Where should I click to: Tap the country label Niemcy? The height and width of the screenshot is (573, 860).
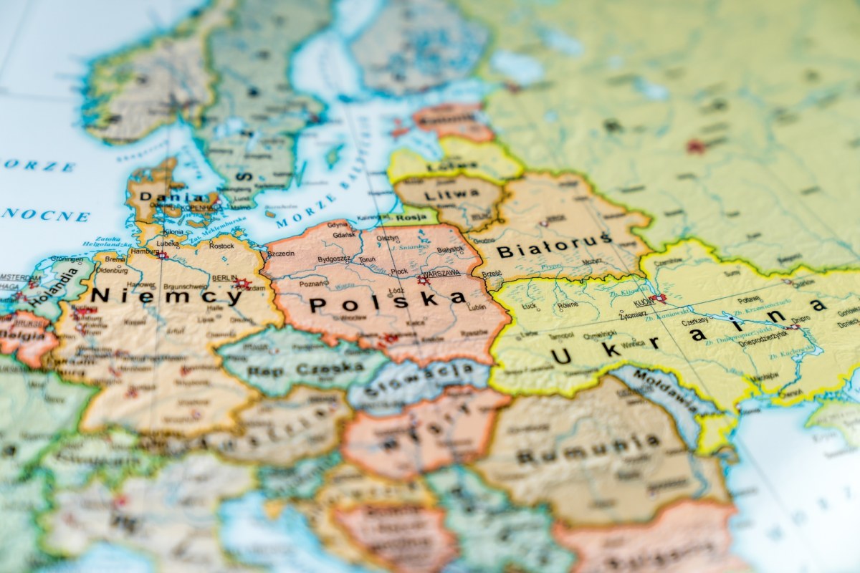166,295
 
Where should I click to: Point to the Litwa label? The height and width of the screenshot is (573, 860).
441,195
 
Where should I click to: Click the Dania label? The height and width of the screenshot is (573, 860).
161,196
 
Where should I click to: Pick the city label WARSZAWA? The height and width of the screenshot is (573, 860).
441,274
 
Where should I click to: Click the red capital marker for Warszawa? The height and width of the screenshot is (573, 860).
424,280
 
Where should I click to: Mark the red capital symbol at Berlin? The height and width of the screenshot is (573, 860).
241,284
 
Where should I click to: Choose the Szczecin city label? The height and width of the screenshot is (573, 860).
280,253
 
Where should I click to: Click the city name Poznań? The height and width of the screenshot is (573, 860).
314,284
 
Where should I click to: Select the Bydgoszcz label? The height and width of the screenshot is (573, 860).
334,258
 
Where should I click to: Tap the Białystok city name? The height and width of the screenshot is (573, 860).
451,249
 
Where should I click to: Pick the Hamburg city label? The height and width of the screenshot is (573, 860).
145,251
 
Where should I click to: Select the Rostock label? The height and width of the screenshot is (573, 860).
221,246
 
